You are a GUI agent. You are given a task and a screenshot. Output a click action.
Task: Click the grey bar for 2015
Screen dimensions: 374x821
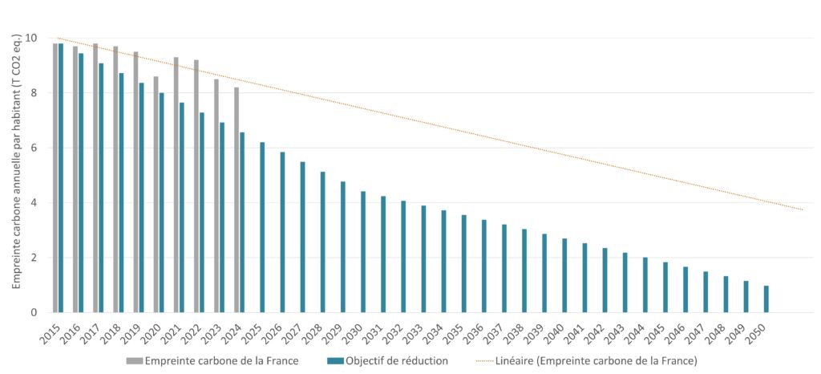click(x=55, y=177)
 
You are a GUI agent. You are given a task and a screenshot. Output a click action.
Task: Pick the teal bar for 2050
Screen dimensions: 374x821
click(x=766, y=299)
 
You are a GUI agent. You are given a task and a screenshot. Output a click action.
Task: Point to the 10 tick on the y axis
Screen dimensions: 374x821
click(x=30, y=39)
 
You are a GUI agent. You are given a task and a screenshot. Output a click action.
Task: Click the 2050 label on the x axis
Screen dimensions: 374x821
click(x=760, y=330)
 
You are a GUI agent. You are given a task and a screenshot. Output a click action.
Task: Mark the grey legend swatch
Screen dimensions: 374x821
click(x=134, y=361)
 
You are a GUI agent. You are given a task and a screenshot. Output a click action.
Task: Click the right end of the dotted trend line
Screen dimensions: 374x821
click(x=802, y=209)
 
